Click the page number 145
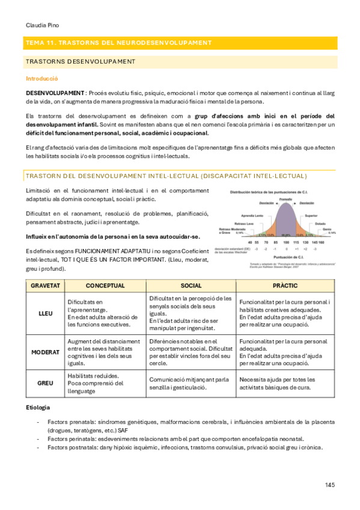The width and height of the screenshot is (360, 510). click(329, 485)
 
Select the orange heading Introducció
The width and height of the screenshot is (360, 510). click(41, 78)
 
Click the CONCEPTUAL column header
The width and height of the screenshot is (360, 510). click(105, 285)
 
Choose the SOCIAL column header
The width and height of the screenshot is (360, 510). click(191, 285)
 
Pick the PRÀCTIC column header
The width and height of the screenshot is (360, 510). click(286, 285)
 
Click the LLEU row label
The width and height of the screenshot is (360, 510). click(45, 313)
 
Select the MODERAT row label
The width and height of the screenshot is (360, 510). click(45, 351)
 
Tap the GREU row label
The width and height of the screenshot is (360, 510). click(45, 383)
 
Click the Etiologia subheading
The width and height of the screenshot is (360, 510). click(38, 408)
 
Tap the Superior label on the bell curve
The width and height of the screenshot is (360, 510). click(311, 215)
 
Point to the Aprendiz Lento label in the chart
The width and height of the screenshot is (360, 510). click(253, 215)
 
